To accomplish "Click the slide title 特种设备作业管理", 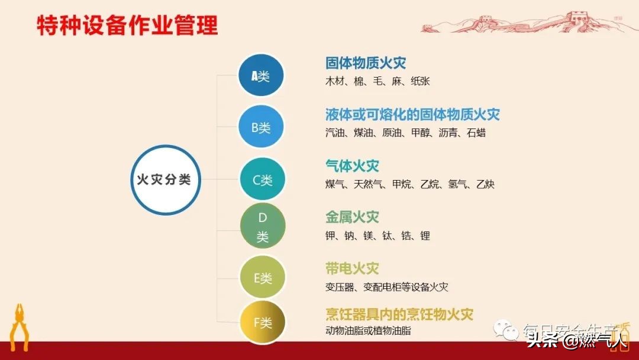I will (127, 25).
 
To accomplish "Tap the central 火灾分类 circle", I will (165, 179).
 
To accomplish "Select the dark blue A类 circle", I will (261, 76).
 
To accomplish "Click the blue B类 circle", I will (261, 127).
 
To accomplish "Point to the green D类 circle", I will (263, 227).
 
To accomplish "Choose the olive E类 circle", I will (263, 277).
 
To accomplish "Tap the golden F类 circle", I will (263, 323).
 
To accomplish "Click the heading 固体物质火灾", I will (366, 63).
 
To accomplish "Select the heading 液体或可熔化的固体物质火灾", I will (412, 114).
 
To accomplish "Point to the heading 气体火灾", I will (352, 165).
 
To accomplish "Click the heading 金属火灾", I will (352, 217).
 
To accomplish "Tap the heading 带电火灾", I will (352, 268).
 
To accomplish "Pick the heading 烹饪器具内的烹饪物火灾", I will (399, 314).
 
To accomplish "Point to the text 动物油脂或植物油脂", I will (368, 330).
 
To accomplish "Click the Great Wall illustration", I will (530, 22).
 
